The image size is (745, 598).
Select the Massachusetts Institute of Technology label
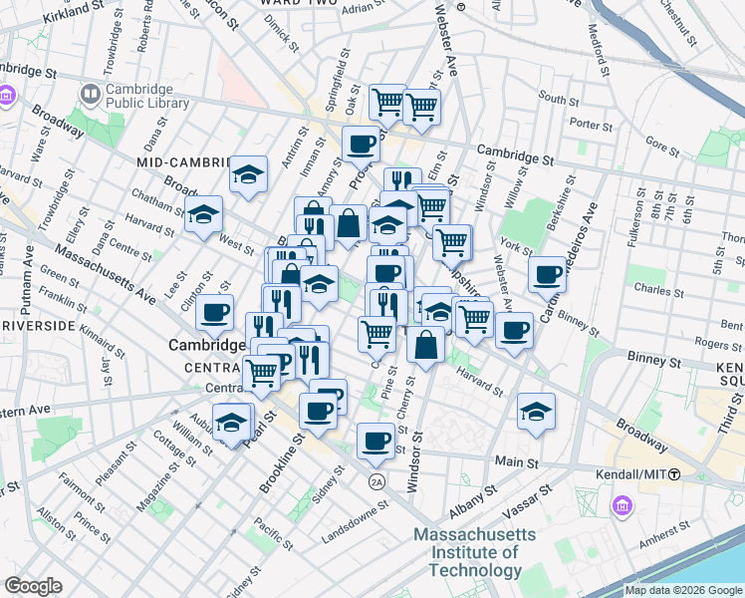475,553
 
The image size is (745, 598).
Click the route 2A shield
376,482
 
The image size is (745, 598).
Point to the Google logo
34,586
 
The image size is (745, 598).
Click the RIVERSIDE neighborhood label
40,326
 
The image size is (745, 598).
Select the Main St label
517,463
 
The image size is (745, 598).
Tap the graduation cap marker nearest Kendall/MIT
536,411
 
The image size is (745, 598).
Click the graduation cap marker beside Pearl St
232,421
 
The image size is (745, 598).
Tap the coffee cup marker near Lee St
214,312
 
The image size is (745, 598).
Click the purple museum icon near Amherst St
623,506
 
